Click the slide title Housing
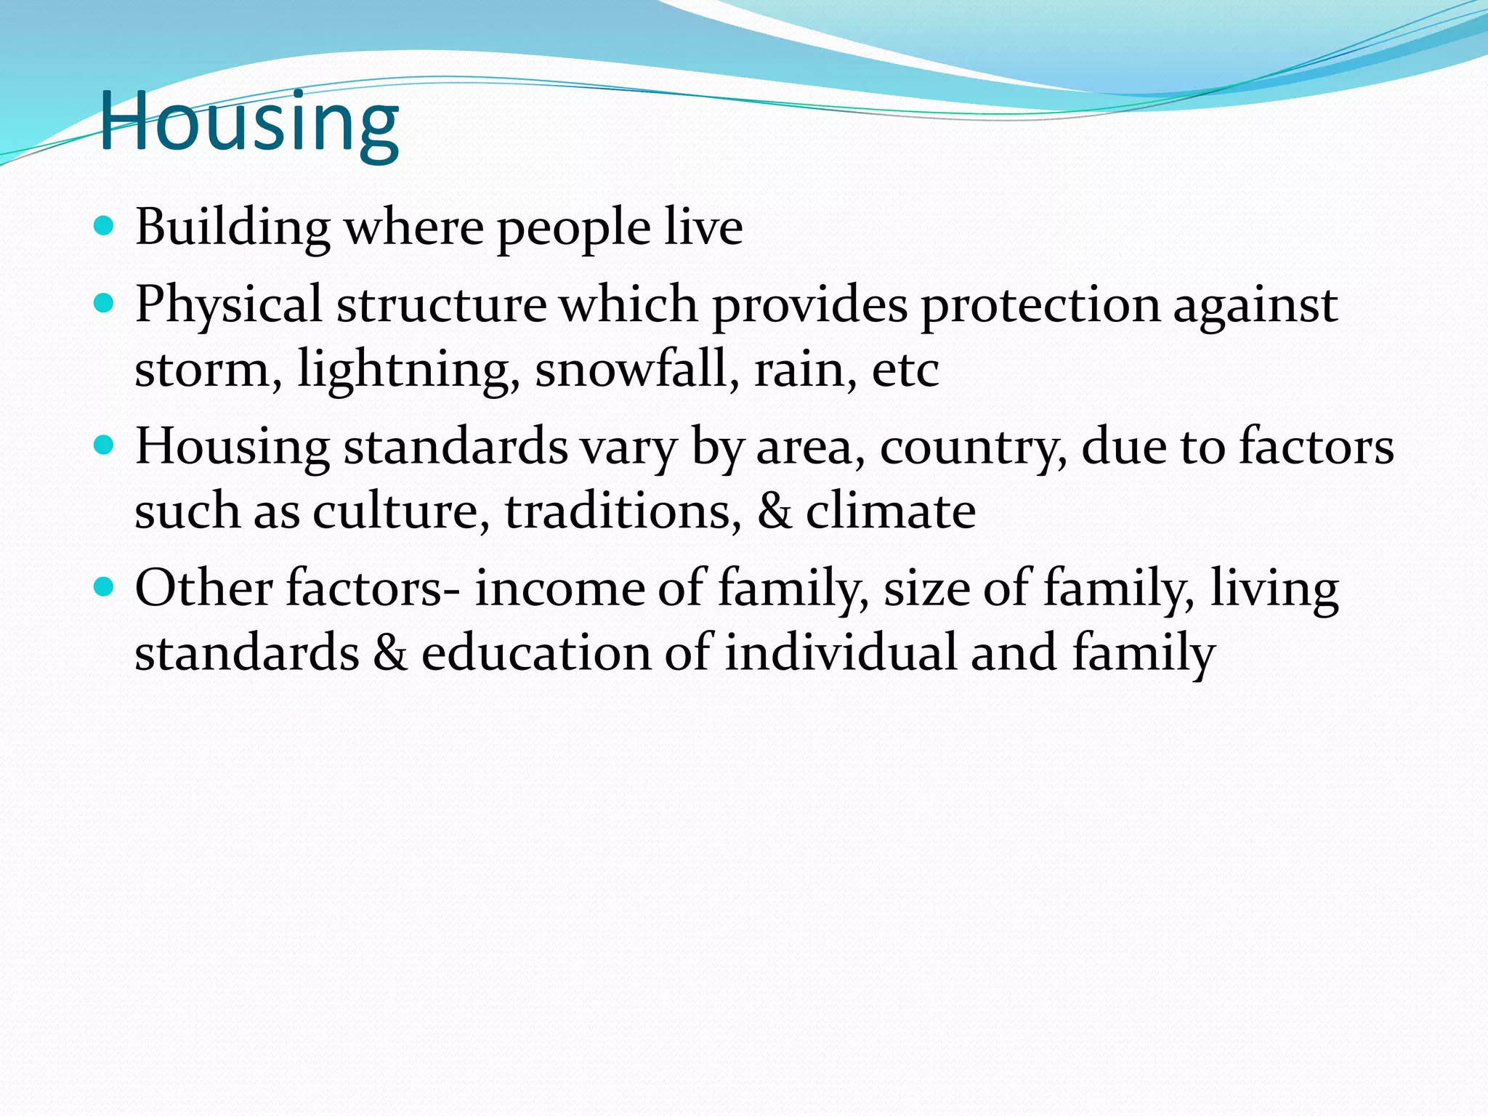248,122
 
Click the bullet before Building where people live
105,226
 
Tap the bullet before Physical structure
105,302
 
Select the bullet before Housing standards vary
105,445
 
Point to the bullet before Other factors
105,586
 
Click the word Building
232,227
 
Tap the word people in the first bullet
573,230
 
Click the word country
973,448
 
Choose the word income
559,588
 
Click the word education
535,652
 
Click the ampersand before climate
774,511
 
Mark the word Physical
228,305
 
